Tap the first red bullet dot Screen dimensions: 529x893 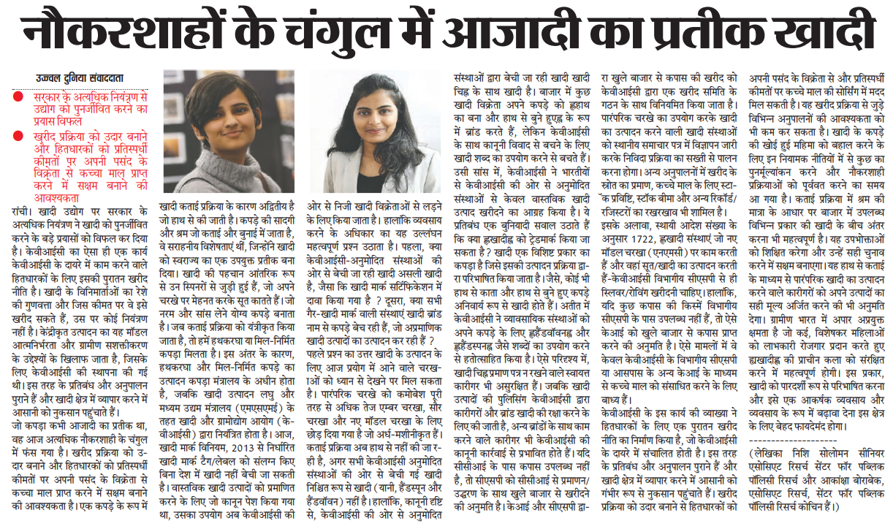point(16,97)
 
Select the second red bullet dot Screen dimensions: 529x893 point(16,136)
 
